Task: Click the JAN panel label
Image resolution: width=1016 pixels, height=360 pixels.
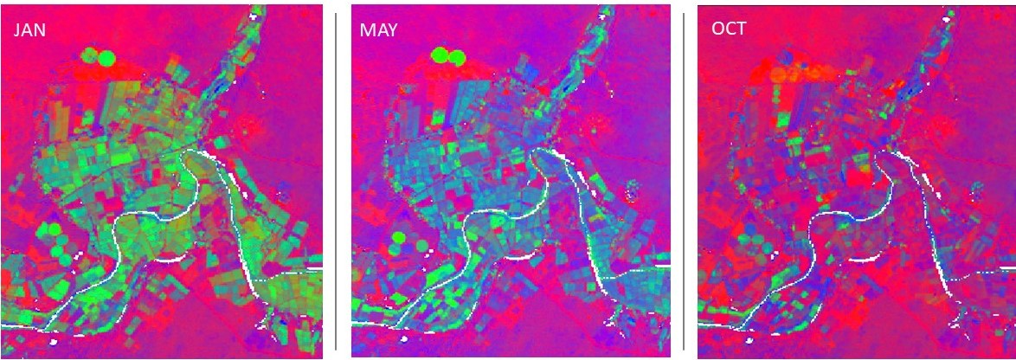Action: (x=29, y=29)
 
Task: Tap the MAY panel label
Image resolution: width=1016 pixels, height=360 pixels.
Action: (x=378, y=29)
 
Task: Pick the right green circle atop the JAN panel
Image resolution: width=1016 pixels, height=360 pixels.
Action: (x=106, y=59)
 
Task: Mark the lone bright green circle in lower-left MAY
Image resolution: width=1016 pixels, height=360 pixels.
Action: (x=398, y=236)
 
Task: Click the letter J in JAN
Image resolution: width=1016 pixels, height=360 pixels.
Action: (x=15, y=29)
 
